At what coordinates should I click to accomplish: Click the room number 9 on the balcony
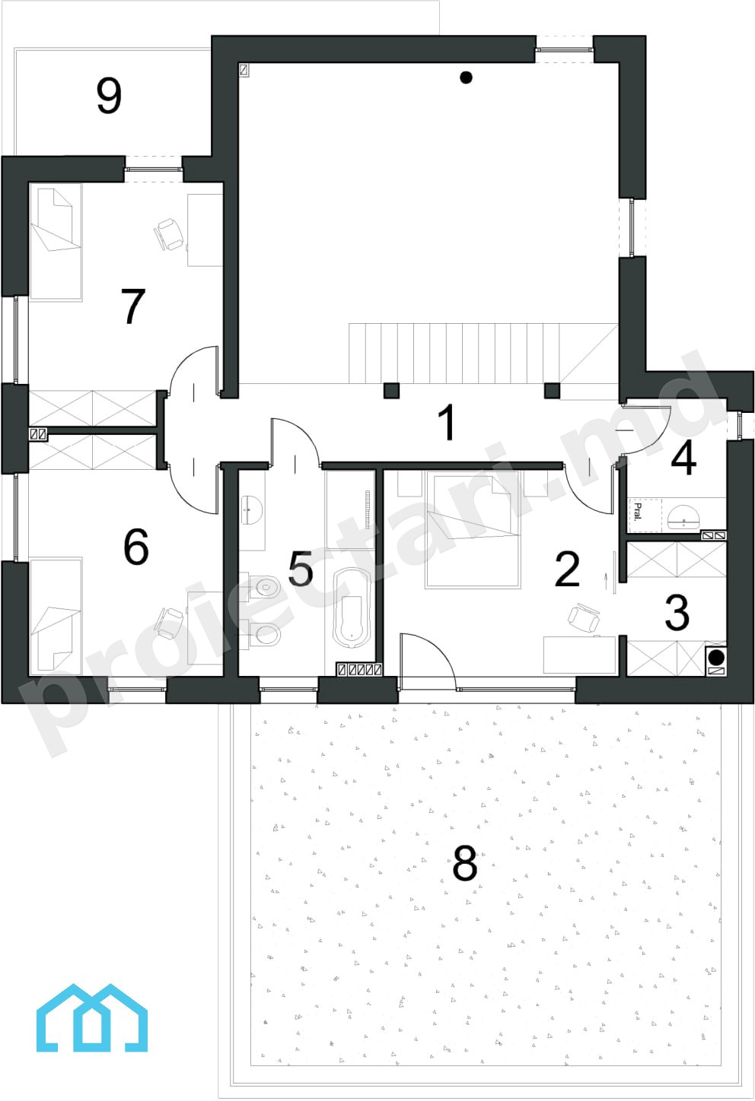(109, 95)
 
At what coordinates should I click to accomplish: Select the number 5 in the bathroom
(301, 568)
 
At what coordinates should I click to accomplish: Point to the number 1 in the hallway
(448, 422)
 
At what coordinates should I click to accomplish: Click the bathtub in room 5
(351, 609)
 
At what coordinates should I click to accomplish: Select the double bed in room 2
(473, 529)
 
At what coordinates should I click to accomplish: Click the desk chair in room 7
(170, 234)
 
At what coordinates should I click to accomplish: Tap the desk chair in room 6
(170, 623)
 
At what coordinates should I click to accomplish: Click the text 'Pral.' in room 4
(638, 512)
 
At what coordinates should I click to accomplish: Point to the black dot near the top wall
(466, 77)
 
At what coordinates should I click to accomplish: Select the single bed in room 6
(56, 617)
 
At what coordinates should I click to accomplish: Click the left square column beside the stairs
(391, 391)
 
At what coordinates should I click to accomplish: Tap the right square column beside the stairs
(553, 391)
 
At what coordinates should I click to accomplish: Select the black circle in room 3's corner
(716, 657)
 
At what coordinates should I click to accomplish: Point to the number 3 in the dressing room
(677, 612)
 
